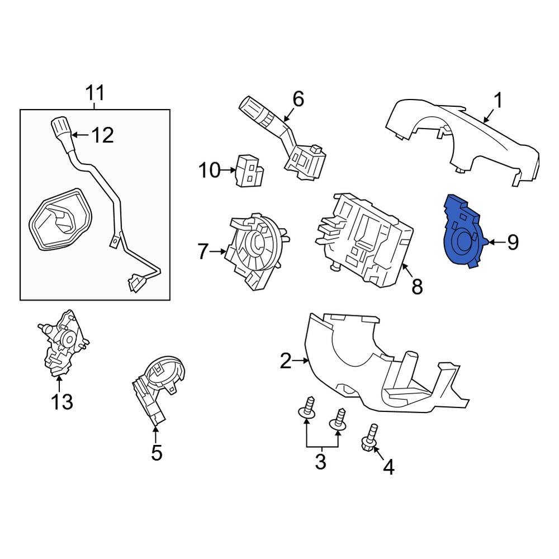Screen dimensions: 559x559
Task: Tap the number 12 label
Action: pyautogui.click(x=102, y=135)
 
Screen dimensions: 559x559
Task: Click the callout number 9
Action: pyautogui.click(x=513, y=242)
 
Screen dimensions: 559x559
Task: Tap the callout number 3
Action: pyautogui.click(x=320, y=462)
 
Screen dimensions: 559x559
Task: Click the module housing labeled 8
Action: pyautogui.click(x=363, y=238)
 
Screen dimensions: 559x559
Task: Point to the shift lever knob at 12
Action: pyautogui.click(x=59, y=129)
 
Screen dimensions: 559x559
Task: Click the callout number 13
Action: pyautogui.click(x=62, y=401)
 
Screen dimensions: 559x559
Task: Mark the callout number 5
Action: pyautogui.click(x=157, y=453)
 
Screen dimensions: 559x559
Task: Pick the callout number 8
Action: pyautogui.click(x=416, y=287)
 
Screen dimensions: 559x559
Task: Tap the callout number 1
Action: pyautogui.click(x=497, y=101)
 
